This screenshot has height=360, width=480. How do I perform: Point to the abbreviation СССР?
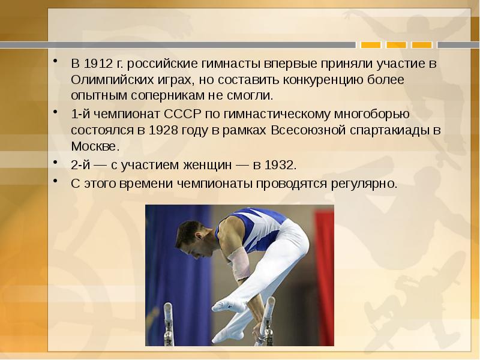click(178, 113)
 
